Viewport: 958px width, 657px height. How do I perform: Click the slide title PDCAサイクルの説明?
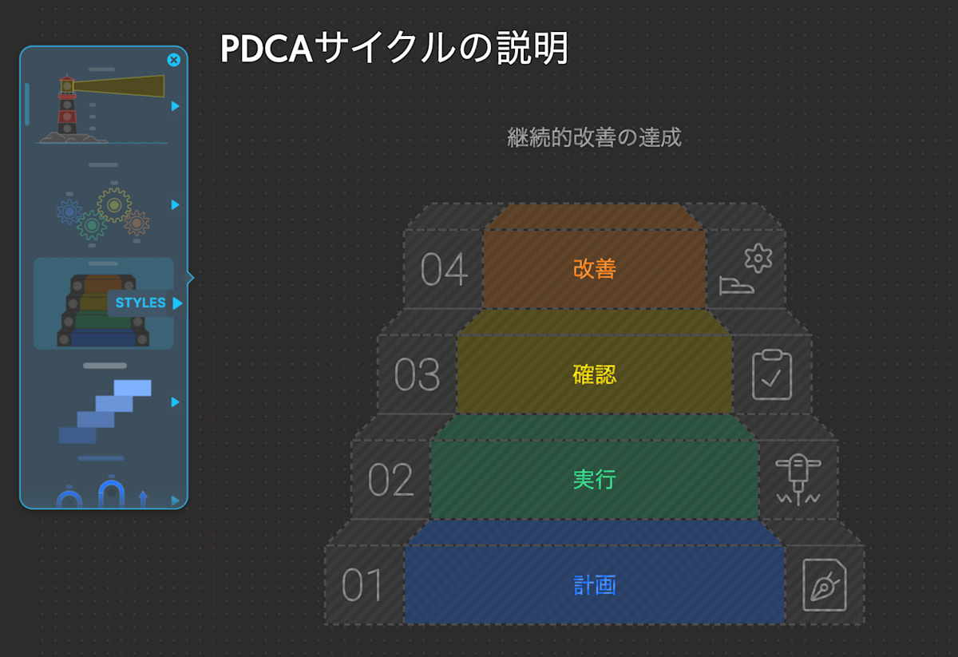pyautogui.click(x=394, y=49)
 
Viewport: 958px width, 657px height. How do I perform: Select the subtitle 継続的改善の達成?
pyautogui.click(x=594, y=137)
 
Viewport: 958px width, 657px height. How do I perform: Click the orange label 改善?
pyautogui.click(x=594, y=269)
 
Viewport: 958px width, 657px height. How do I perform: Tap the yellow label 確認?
pyautogui.click(x=594, y=374)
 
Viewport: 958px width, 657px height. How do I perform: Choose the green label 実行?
pyautogui.click(x=594, y=480)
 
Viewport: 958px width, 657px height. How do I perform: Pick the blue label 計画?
pyautogui.click(x=594, y=585)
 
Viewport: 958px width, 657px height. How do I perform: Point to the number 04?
pyautogui.click(x=444, y=270)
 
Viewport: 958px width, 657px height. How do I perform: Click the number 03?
pyautogui.click(x=417, y=375)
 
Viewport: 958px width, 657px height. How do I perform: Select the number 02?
pyautogui.click(x=390, y=481)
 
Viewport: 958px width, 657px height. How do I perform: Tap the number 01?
pyautogui.click(x=363, y=586)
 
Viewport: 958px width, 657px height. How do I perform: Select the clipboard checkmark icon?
pyautogui.click(x=772, y=374)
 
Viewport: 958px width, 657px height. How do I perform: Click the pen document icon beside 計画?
pyautogui.click(x=825, y=585)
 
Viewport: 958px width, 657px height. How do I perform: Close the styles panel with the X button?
pyautogui.click(x=173, y=60)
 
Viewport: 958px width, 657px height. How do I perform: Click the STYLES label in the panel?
pyautogui.click(x=141, y=303)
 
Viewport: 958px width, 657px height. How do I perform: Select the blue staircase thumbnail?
pyautogui.click(x=105, y=411)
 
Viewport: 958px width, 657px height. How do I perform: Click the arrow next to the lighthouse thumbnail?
pyautogui.click(x=175, y=106)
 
